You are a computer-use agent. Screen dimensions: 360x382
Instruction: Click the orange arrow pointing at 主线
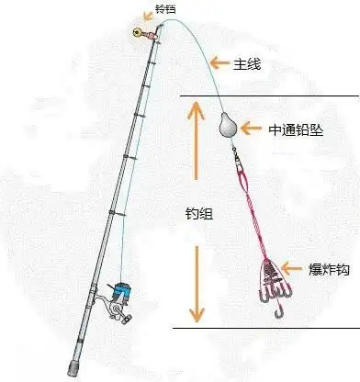tap(219, 62)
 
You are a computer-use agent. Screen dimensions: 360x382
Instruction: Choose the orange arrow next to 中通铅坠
tap(253, 129)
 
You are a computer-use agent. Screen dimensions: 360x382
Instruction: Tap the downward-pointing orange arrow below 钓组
tap(194, 285)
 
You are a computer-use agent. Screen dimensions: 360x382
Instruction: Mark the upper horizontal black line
tap(266, 95)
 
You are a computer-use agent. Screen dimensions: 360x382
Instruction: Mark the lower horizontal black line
tap(266, 325)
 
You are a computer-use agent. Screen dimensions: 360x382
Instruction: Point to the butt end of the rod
tap(72, 369)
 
